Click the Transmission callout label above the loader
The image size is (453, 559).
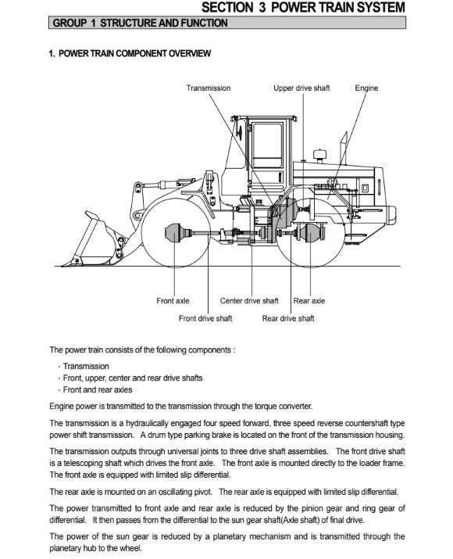pos(209,88)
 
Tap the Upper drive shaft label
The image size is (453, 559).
pos(301,88)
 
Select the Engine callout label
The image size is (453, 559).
pos(366,88)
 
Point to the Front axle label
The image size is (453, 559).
pos(173,301)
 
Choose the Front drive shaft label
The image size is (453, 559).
pos(205,318)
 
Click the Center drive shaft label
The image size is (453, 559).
pos(249,301)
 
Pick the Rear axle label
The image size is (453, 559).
pos(309,301)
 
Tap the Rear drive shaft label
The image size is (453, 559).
pos(288,318)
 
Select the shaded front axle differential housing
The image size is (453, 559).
pos(176,233)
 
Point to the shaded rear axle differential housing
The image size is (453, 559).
pos(311,233)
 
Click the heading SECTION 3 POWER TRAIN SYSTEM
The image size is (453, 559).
pos(303,8)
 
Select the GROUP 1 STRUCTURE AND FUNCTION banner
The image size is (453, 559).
pos(227,23)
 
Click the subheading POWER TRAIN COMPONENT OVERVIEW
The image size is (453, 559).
pos(130,53)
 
